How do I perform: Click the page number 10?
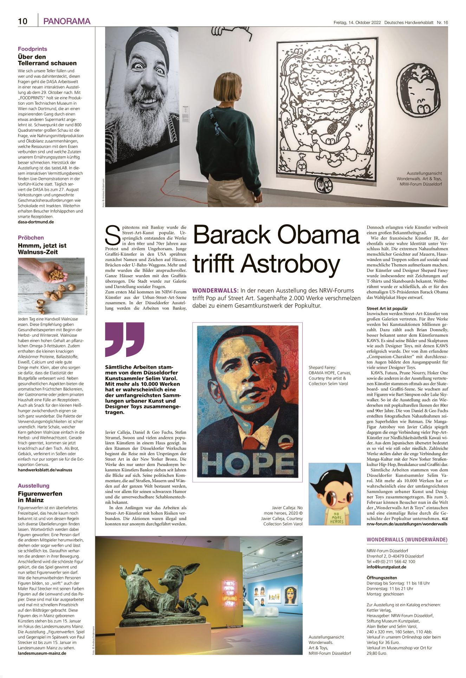(x=22, y=21)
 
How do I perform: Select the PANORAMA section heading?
(x=67, y=21)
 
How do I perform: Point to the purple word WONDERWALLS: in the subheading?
(x=215, y=291)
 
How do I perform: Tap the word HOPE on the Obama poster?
(x=248, y=463)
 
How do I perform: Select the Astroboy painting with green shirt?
(x=334, y=494)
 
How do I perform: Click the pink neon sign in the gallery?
(x=230, y=593)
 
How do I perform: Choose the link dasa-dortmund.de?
(x=36, y=222)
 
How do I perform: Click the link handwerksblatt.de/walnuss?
(x=45, y=470)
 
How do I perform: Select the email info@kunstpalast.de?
(x=386, y=567)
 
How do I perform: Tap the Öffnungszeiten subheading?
(x=382, y=578)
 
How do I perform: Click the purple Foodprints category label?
(x=32, y=49)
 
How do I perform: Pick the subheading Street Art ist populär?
(x=387, y=308)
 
